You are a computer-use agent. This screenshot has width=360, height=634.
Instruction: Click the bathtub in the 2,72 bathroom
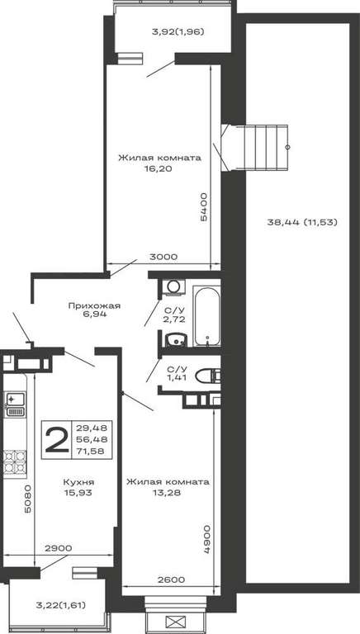click(206, 316)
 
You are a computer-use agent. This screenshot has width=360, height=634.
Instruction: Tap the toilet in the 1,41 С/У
click(208, 376)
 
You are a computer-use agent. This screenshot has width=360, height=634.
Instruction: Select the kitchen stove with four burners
click(15, 461)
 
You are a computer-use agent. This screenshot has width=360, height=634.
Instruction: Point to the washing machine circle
click(174, 286)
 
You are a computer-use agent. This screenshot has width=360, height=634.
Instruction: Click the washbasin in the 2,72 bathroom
click(176, 339)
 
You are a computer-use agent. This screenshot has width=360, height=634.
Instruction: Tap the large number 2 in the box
click(56, 440)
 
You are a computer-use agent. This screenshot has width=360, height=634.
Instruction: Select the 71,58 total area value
click(92, 452)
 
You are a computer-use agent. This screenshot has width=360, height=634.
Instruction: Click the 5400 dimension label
click(204, 206)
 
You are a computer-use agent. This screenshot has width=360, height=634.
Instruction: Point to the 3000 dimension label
click(163, 257)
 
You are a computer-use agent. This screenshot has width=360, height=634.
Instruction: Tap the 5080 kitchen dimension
click(27, 499)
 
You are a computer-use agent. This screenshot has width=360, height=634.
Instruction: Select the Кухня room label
click(79, 482)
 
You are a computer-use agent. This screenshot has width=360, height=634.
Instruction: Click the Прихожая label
click(94, 305)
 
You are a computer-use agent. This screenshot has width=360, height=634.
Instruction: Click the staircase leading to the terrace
click(255, 148)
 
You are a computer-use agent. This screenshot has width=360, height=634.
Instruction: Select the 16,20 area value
click(158, 169)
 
